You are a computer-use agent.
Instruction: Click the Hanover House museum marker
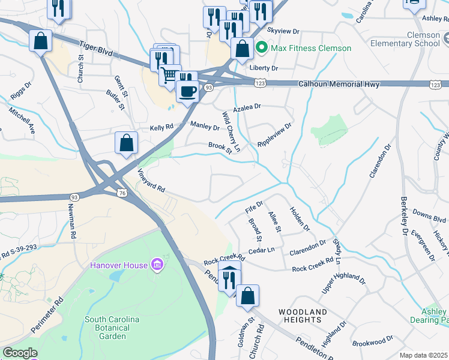pos(157,265)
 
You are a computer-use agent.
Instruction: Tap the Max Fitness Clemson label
pos(311,48)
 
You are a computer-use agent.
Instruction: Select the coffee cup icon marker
pos(187,91)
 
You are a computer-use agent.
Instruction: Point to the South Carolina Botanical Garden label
pos(113,328)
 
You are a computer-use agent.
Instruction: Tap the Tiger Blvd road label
pos(97,47)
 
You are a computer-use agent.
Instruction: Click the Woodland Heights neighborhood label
pos(303,316)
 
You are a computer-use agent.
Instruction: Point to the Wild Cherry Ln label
pos(231,131)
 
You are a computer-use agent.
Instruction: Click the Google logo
pos(20,353)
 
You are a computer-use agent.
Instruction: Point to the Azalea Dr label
pos(248,107)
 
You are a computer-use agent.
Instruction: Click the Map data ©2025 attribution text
pos(424,355)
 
